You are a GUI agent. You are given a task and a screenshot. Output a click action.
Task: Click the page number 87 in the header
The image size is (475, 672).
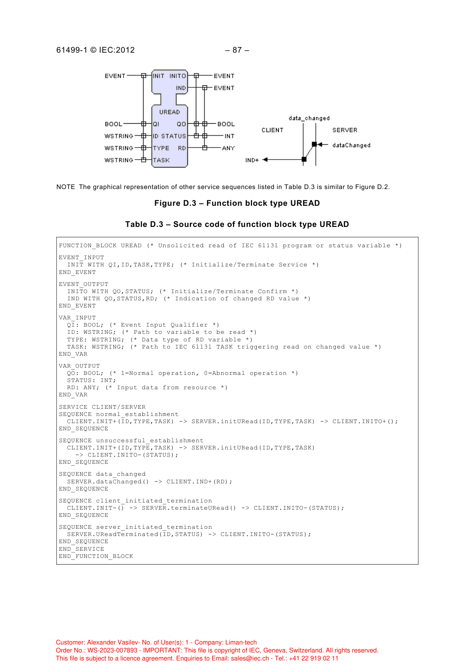(237, 50)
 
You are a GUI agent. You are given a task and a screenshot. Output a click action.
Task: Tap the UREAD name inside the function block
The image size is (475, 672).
(170, 112)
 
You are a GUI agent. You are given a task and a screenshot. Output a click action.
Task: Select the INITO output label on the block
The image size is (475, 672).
(177, 76)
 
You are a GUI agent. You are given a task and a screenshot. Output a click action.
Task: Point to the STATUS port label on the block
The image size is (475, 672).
(173, 136)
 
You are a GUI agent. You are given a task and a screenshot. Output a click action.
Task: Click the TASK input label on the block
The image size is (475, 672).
(161, 160)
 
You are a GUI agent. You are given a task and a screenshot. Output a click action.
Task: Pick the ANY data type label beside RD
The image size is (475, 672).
(228, 148)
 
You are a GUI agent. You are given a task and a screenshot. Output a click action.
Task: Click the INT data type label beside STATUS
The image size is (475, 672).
(229, 136)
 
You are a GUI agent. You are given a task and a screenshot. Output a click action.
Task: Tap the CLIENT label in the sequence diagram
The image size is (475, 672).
(272, 130)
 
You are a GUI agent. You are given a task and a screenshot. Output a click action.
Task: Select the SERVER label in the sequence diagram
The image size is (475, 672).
(345, 130)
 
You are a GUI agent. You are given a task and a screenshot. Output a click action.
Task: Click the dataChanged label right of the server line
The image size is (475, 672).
(351, 145)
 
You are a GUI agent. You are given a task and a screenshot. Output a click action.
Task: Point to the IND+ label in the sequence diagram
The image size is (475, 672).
(252, 160)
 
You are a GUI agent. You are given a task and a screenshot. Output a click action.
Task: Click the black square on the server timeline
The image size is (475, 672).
(314, 144)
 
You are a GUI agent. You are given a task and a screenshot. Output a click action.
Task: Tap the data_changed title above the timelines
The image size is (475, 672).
(309, 118)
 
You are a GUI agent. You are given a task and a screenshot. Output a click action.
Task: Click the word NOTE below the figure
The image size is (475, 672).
(65, 187)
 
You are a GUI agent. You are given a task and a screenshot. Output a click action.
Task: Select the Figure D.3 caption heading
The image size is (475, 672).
(237, 203)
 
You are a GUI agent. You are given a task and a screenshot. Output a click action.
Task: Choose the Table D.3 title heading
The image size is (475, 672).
(237, 224)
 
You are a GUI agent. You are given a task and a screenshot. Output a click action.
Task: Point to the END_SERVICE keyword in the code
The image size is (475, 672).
(81, 549)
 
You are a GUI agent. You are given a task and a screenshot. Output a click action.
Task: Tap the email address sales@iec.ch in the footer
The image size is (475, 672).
(250, 658)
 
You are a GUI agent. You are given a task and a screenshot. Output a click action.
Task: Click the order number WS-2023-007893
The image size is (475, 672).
(112, 650)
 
